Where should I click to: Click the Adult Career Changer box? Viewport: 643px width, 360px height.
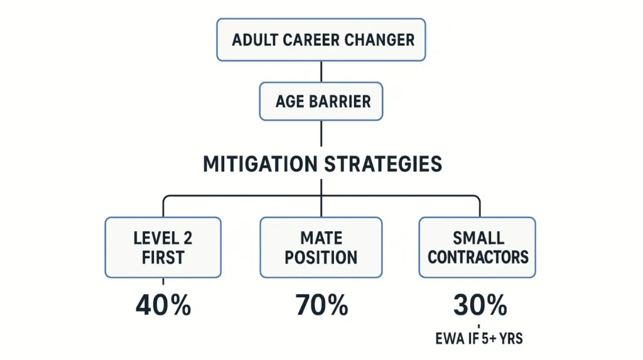(x=321, y=40)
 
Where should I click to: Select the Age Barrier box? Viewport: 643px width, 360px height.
(x=321, y=101)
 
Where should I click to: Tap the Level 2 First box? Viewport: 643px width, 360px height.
(x=163, y=247)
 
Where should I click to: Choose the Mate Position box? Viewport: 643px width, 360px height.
(x=321, y=247)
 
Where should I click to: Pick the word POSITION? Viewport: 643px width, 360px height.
(x=321, y=257)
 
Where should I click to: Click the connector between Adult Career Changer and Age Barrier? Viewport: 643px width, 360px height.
(x=321, y=72)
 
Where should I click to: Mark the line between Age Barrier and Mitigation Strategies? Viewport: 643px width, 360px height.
(x=321, y=134)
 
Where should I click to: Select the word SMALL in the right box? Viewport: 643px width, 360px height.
(x=479, y=237)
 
